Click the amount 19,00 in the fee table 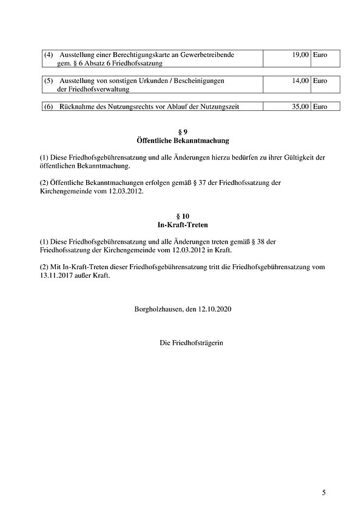click(301, 55)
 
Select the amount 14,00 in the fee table click(301, 80)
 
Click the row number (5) click(49, 80)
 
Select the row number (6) click(49, 107)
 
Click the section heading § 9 click(182, 132)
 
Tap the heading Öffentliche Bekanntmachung click(182, 140)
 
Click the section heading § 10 click(182, 215)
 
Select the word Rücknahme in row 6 click(77, 107)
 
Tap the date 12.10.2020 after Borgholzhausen click(215, 309)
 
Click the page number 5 click(324, 492)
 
